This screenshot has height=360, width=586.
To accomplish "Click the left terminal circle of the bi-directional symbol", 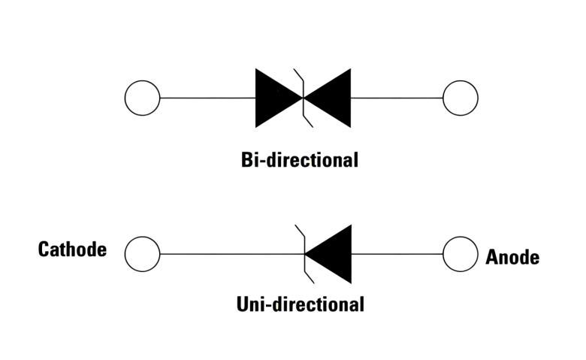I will (142, 98).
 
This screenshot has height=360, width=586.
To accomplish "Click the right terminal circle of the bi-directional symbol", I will (461, 98).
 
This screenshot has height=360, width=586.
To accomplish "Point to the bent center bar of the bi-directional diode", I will (302, 98).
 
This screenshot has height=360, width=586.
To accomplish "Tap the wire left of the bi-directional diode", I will (207, 98).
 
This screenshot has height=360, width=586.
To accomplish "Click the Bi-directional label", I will (300, 160).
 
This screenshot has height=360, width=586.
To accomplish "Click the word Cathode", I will (72, 250).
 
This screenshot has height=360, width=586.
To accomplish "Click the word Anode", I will (512, 257).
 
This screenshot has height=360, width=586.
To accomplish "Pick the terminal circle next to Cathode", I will (142, 254).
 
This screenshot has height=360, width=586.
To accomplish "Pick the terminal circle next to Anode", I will (461, 254).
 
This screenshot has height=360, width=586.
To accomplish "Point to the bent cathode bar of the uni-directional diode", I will (304, 254).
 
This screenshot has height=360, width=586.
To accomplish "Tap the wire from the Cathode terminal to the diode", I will (225, 254).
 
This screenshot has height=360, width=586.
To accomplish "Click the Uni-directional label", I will (300, 304).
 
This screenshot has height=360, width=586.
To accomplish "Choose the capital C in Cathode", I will (44, 250).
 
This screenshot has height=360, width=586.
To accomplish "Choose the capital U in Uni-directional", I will (243, 304).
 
